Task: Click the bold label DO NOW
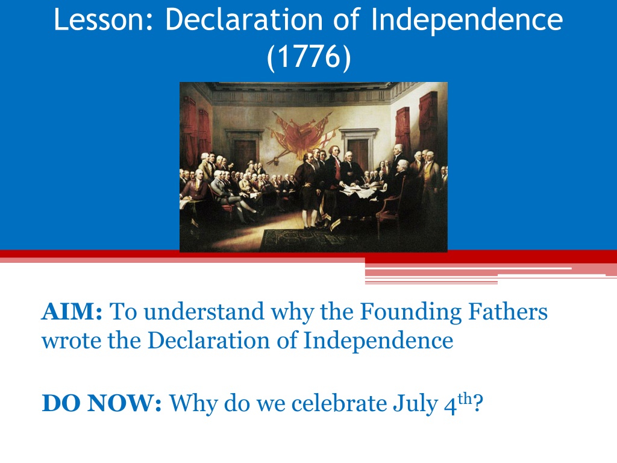click(x=101, y=403)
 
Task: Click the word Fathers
click(x=508, y=312)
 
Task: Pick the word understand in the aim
click(x=204, y=312)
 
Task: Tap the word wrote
click(x=72, y=341)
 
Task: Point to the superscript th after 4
click(x=465, y=398)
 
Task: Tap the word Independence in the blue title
click(x=467, y=20)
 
